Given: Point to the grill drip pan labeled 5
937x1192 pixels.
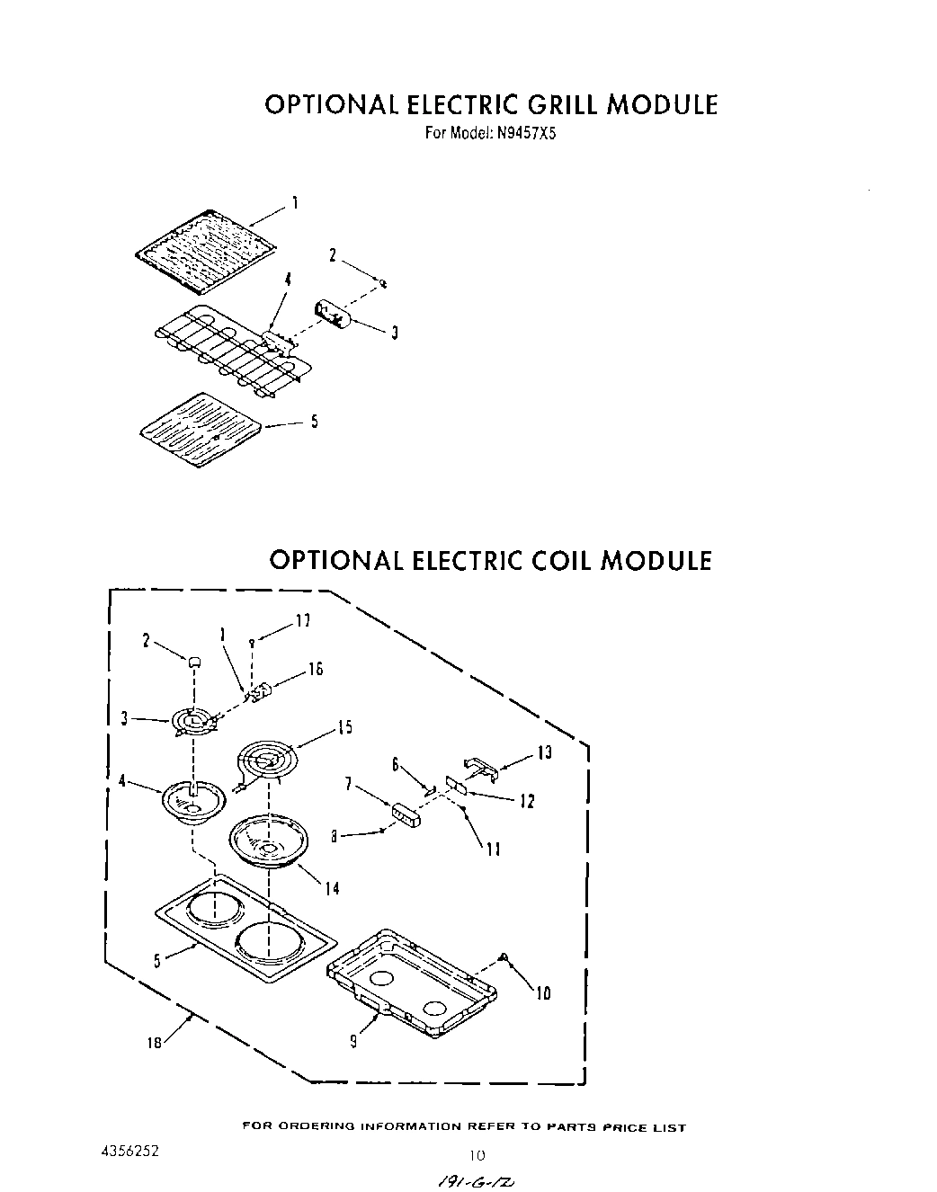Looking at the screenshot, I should pos(203,430).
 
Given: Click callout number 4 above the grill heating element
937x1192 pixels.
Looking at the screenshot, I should pos(288,280).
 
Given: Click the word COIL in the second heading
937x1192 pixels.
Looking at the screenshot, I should pos(550,560).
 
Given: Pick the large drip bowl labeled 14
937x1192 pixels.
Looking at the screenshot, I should pos(270,841).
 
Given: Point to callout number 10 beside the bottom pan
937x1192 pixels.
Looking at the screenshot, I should pos(543,993).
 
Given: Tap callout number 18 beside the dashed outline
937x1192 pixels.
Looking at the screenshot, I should pos(155,1043).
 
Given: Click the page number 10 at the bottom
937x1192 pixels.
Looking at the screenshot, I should pos(477,1155).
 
